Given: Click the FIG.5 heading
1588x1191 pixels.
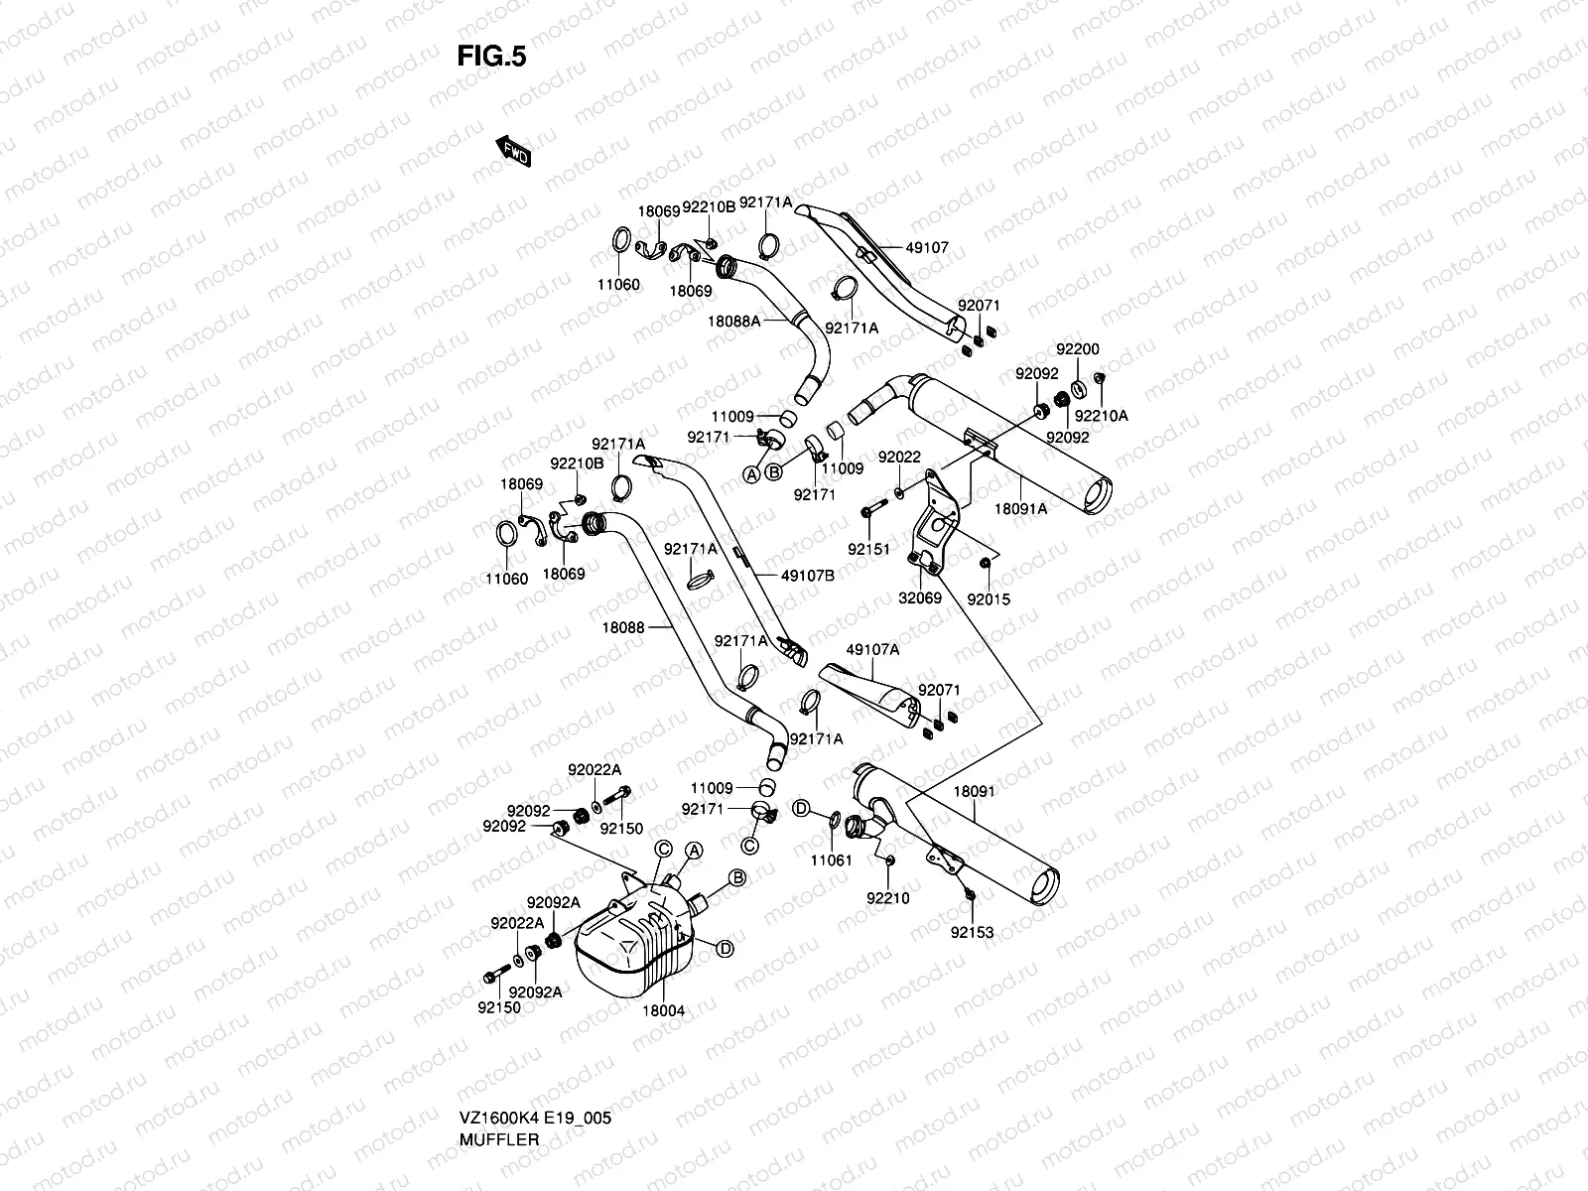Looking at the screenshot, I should [x=491, y=57].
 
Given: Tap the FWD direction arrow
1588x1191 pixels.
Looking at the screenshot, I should [x=513, y=151].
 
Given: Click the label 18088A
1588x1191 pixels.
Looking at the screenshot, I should [x=734, y=321].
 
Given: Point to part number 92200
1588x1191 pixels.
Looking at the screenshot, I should [x=1077, y=350].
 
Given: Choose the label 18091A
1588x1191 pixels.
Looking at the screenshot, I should [x=1021, y=508].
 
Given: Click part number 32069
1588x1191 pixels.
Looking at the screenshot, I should [x=920, y=598].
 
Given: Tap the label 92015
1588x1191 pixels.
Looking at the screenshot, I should [x=988, y=598].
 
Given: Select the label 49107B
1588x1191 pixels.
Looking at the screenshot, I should [x=807, y=575].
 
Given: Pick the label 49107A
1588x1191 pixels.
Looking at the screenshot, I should [x=872, y=650].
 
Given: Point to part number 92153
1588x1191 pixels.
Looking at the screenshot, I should [x=972, y=932].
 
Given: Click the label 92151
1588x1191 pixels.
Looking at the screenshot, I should [x=868, y=549].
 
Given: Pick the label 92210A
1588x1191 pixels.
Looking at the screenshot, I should [x=1102, y=416].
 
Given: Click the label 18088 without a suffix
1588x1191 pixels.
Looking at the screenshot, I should [x=622, y=627].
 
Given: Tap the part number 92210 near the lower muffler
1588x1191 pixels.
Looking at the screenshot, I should [x=887, y=898].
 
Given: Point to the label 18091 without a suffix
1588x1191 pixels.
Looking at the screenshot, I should [x=974, y=792].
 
